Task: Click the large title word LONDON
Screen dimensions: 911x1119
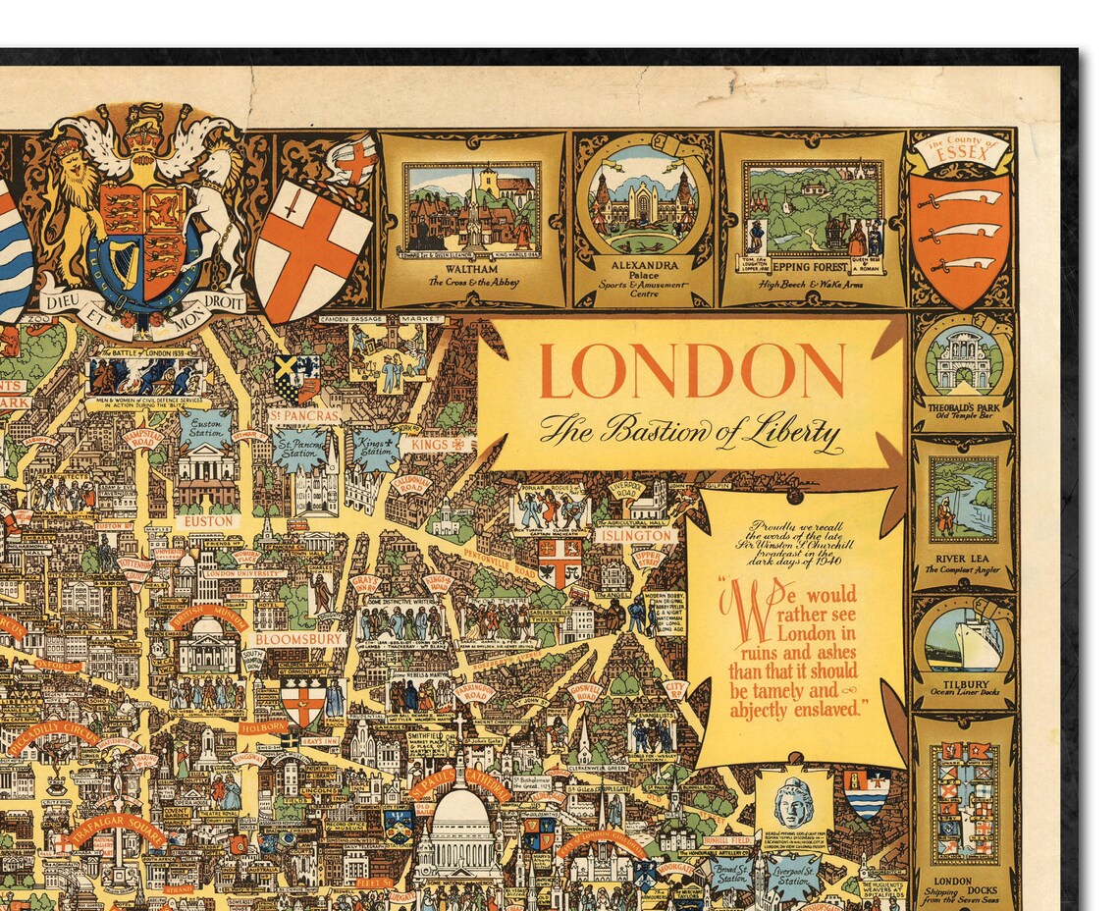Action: click(691, 372)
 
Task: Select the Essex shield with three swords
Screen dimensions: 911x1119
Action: click(960, 237)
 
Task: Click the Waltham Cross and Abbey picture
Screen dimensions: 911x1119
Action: click(472, 207)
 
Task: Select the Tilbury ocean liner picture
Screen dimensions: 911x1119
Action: click(962, 639)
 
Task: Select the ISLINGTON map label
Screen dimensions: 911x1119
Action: click(635, 536)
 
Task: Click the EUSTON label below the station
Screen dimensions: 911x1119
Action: click(208, 521)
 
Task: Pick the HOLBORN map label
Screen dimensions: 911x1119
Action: click(263, 727)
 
